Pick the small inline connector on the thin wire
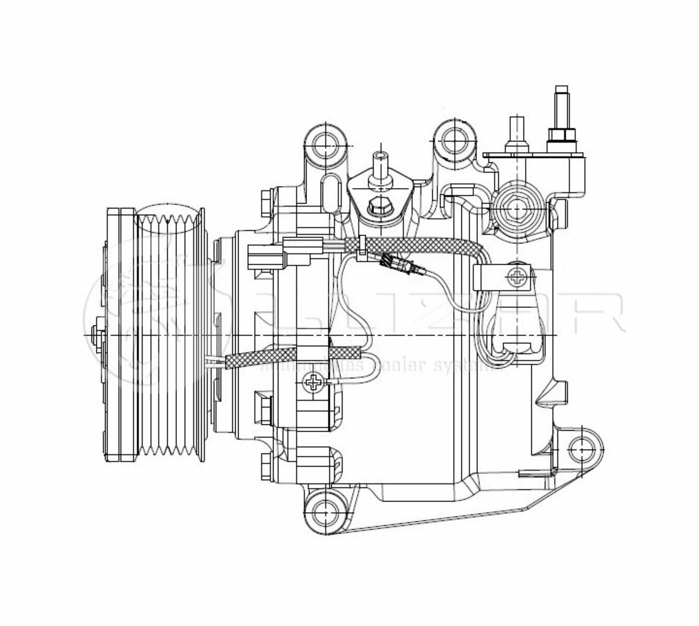tap(404, 264)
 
